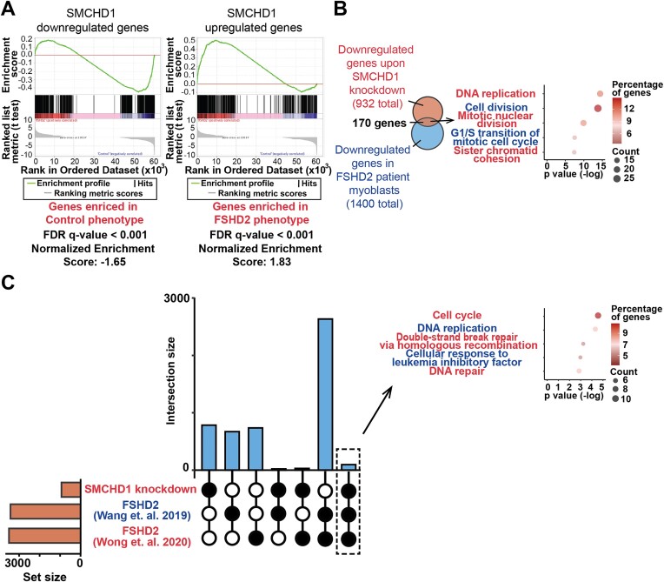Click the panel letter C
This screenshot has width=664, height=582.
click(10, 284)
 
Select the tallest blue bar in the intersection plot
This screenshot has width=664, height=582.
click(325, 393)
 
